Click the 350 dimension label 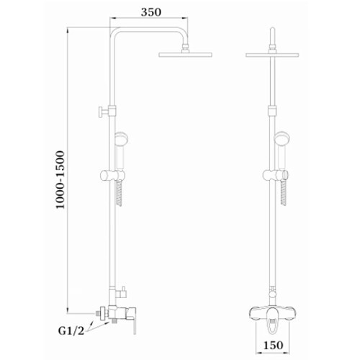pyautogui.click(x=151, y=12)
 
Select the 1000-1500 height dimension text pyautogui.click(x=60, y=180)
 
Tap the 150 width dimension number pyautogui.click(x=274, y=345)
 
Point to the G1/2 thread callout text pyautogui.click(x=71, y=331)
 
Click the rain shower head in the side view pyautogui.click(x=185, y=55)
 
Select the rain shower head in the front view pyautogui.click(x=272, y=55)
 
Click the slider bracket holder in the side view pyautogui.click(x=112, y=176)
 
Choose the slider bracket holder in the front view pyautogui.click(x=275, y=175)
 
